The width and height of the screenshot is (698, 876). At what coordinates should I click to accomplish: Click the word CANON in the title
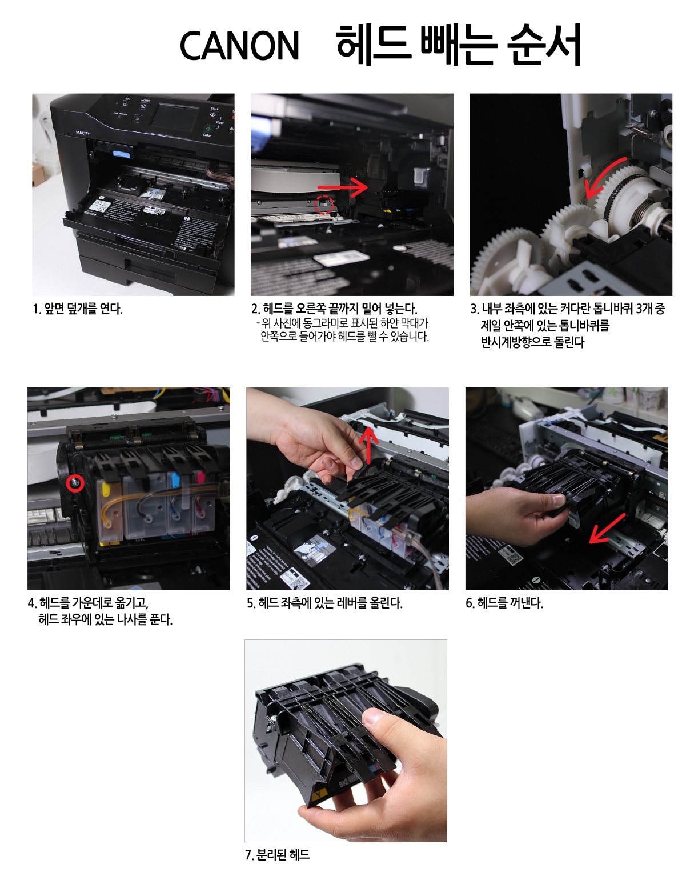[x=239, y=46]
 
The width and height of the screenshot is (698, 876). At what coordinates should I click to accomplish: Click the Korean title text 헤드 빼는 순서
[x=459, y=45]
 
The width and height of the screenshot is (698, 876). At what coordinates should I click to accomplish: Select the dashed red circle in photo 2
[x=324, y=205]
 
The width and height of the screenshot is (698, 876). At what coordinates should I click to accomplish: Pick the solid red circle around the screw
[x=76, y=483]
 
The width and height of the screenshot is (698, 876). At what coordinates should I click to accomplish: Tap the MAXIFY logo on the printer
[x=83, y=133]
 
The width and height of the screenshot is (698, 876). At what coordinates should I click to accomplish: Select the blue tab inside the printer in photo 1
[x=123, y=154]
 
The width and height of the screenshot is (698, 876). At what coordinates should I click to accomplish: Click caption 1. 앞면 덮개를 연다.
[x=78, y=309]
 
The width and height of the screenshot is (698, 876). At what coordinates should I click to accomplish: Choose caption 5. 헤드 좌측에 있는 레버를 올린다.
[x=324, y=603]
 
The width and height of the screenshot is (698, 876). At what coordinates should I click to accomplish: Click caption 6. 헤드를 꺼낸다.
[x=504, y=603]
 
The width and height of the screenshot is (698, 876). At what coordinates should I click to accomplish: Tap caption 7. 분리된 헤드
[x=277, y=854]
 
